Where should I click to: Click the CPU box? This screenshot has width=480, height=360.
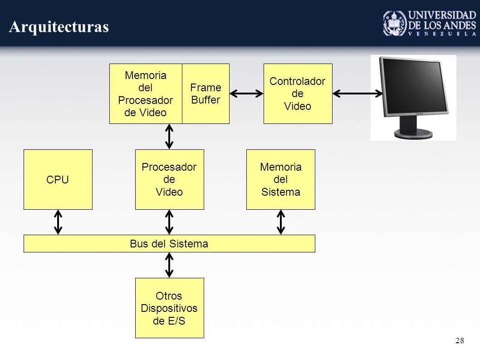[58, 179]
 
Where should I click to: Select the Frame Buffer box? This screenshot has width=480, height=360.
[206, 94]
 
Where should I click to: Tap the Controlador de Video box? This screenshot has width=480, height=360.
[298, 94]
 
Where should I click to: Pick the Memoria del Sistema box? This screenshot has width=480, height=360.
[281, 179]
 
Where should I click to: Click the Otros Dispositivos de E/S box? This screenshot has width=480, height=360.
[170, 308]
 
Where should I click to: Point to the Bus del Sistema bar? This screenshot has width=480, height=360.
[169, 244]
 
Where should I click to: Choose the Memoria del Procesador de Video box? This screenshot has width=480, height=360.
[146, 94]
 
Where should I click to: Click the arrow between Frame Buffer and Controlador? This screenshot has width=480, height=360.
[246, 94]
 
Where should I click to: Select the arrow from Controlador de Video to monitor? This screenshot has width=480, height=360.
[358, 94]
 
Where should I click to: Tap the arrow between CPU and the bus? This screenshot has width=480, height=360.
[58, 222]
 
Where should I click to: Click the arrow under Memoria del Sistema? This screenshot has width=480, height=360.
[281, 222]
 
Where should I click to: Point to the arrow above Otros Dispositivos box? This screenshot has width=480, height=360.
[169, 265]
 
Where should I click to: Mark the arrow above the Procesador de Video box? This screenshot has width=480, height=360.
[169, 137]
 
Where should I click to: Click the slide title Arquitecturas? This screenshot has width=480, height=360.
[59, 27]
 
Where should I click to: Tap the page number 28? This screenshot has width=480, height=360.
[460, 340]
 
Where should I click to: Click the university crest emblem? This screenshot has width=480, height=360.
[395, 23]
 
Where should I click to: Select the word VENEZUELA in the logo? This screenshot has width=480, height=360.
[442, 34]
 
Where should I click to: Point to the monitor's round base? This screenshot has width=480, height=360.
[413, 134]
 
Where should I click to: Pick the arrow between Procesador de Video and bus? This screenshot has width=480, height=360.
[169, 222]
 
